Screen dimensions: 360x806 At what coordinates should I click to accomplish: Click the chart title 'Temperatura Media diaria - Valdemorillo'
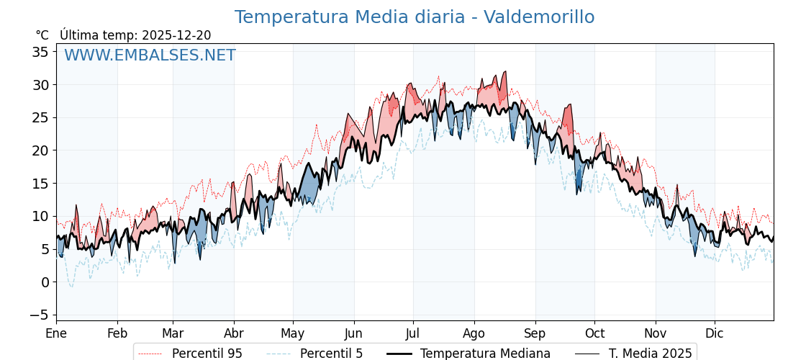coord(414,17)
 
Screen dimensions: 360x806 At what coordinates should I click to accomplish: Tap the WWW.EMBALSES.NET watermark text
coord(150,55)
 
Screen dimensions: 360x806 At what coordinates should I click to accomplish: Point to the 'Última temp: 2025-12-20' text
coord(135,35)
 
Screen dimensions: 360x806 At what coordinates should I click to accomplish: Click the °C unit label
coord(42,35)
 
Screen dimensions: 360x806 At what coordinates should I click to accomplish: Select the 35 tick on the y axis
coord(40,52)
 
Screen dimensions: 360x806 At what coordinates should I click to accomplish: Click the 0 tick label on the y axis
coord(45,282)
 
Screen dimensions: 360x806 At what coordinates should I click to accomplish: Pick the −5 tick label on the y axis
coord(40,315)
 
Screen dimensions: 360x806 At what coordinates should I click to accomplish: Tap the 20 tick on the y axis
coord(40,150)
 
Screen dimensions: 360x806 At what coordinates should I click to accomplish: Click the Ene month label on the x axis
coord(56,333)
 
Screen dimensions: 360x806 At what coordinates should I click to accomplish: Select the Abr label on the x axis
coord(234,333)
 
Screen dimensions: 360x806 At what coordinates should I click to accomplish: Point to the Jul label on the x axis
coord(413,333)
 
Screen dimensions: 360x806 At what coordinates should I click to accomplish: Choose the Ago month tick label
coord(474,333)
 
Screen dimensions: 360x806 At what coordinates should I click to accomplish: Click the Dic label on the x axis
coord(715,333)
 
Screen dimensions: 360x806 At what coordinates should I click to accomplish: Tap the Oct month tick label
coord(594,333)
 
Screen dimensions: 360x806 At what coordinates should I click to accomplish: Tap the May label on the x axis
coord(293,333)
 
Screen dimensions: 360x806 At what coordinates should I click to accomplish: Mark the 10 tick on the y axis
coord(40,216)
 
